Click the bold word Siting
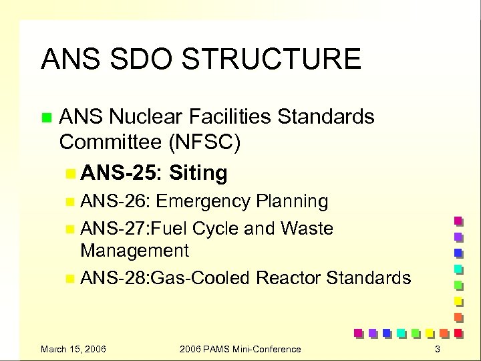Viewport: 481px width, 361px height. [198, 173]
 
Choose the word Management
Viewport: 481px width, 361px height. [134, 251]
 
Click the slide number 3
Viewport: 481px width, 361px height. [438, 349]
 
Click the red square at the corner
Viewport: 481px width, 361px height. [458, 332]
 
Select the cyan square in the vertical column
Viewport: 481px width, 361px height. [458, 269]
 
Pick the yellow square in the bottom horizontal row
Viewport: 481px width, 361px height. [430, 332]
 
